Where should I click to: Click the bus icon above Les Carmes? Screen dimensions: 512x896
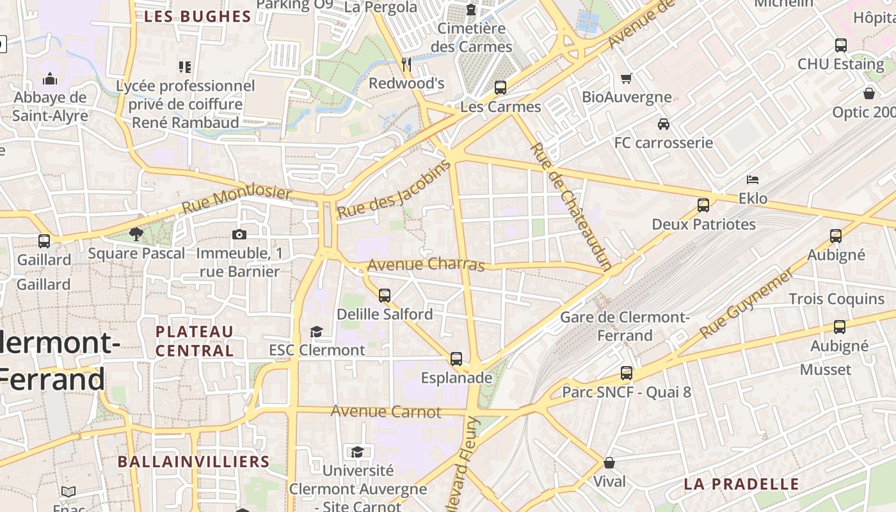pyautogui.click(x=500, y=88)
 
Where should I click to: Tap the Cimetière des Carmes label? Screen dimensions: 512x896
pyautogui.click(x=472, y=38)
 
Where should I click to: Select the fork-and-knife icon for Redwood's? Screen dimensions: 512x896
pyautogui.click(x=406, y=64)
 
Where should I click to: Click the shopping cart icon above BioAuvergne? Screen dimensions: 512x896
pyautogui.click(x=627, y=78)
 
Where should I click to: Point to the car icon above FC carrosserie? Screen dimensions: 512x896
pyautogui.click(x=664, y=124)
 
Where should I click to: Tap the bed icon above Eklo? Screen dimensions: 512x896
pyautogui.click(x=753, y=180)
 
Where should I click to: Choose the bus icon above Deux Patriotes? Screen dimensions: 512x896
pyautogui.click(x=703, y=205)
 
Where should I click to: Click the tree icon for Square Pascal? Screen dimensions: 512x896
pyautogui.click(x=136, y=234)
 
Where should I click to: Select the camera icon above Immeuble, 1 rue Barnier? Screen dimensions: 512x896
pyautogui.click(x=239, y=234)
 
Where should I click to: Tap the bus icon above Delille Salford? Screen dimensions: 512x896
pyautogui.click(x=385, y=295)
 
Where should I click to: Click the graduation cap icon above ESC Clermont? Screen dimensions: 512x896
pyautogui.click(x=316, y=331)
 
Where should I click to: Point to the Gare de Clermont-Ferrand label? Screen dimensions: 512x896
pyautogui.click(x=624, y=326)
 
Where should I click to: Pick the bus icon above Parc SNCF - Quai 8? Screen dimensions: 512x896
pyautogui.click(x=627, y=373)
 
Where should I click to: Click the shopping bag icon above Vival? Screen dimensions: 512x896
pyautogui.click(x=609, y=462)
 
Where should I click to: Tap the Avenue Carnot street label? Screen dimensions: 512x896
pyautogui.click(x=386, y=412)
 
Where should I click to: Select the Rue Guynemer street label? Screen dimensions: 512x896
pyautogui.click(x=747, y=303)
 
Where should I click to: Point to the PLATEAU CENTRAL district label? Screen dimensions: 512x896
pyautogui.click(x=195, y=341)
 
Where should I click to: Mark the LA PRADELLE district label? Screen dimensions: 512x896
pyautogui.click(x=741, y=484)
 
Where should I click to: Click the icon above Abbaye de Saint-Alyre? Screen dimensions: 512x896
pyautogui.click(x=50, y=79)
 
